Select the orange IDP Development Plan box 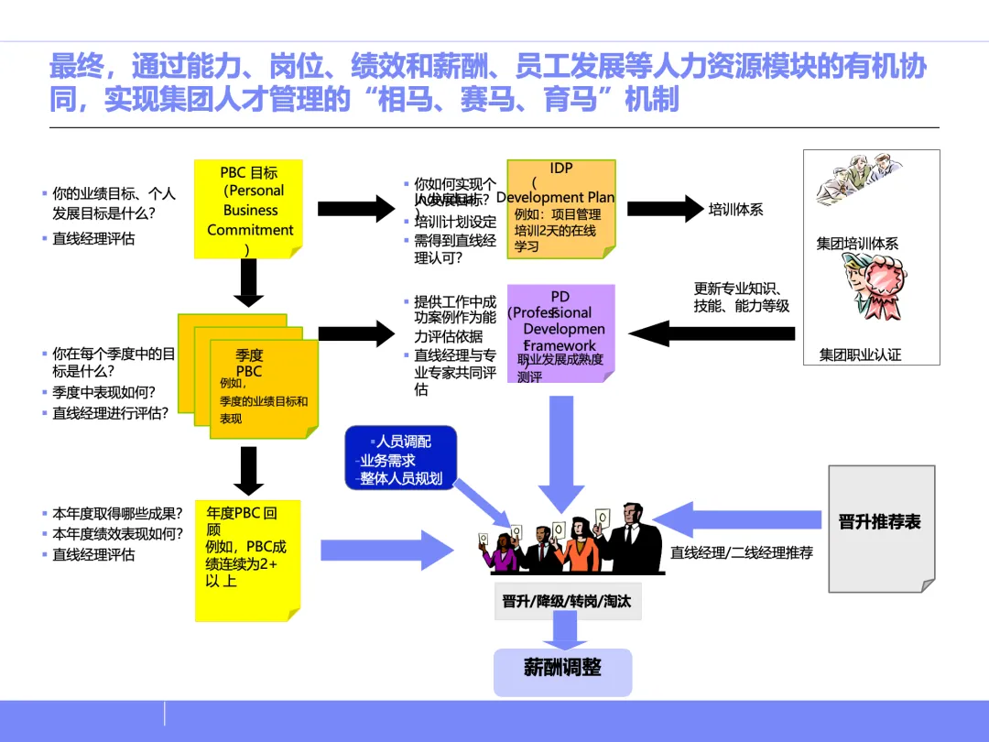[561, 209]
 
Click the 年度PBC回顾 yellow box [247, 559]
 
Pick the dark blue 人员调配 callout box [401, 459]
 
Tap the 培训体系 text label [735, 210]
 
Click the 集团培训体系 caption [858, 244]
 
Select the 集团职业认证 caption [860, 355]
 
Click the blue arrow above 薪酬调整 [562, 631]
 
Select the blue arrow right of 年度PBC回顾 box [385, 551]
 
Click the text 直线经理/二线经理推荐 [742, 553]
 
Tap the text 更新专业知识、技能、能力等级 [741, 299]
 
